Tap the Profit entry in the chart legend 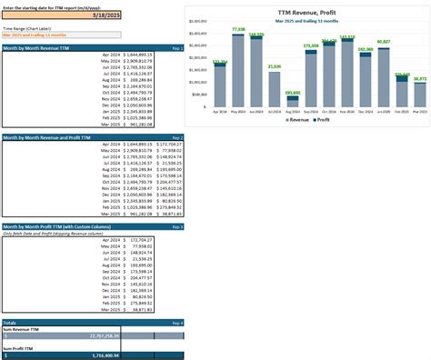323,119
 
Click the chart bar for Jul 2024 275,90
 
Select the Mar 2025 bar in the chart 419,95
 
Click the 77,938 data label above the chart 239,29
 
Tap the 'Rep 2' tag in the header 176,137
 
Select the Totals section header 10,323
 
